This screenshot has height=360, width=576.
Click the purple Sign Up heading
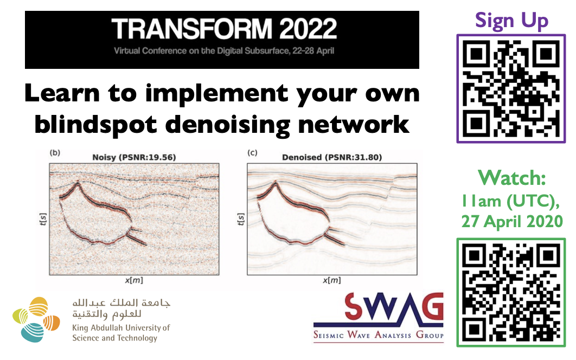click(511, 21)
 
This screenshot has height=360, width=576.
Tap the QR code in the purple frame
click(511, 88)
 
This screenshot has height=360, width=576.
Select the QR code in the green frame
click(511, 292)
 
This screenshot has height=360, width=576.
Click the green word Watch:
click(511, 178)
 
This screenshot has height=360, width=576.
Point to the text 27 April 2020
click(512, 222)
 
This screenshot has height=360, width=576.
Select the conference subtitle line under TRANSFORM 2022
click(223, 51)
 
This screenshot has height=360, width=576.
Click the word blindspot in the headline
click(95, 125)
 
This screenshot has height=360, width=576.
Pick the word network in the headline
click(354, 125)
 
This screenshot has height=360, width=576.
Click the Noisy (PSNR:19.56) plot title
click(134, 157)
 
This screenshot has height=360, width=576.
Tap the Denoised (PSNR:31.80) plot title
click(332, 157)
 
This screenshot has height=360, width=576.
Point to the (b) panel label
click(55, 152)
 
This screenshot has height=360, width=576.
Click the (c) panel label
click(252, 152)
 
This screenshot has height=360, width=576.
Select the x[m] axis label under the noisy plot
click(134, 280)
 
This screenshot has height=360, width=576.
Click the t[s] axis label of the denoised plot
click(241, 219)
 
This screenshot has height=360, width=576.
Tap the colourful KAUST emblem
click(36, 319)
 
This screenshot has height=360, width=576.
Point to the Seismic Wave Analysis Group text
click(379, 335)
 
